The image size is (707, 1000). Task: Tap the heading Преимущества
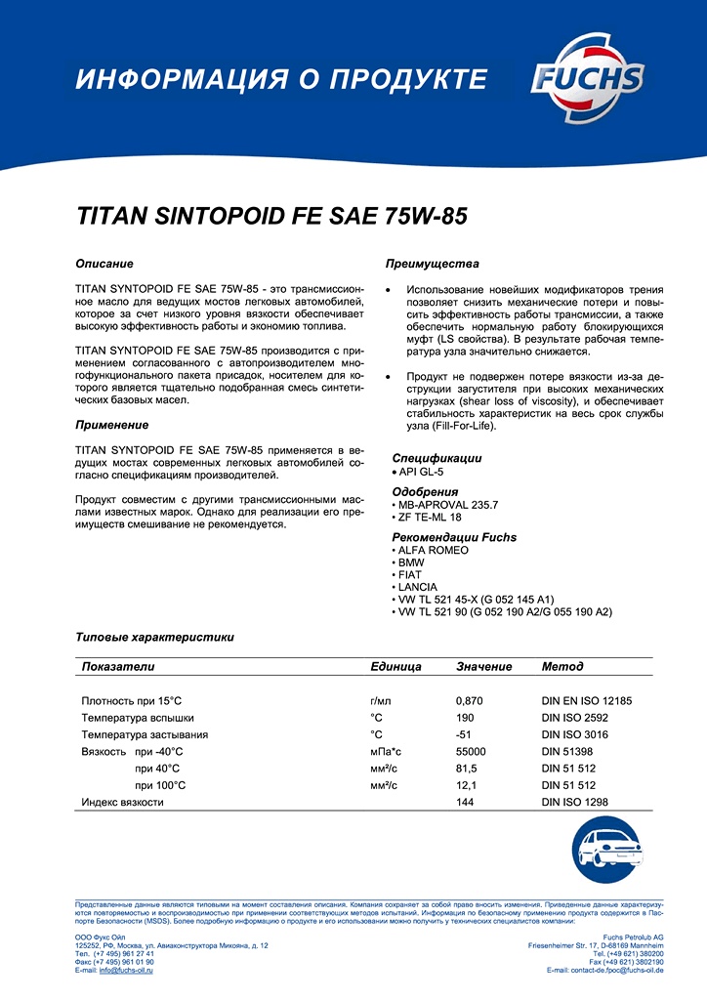[432, 265]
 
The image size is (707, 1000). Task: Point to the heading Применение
[112, 425]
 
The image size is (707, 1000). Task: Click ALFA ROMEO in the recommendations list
[433, 550]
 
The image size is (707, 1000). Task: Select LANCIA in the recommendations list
[419, 586]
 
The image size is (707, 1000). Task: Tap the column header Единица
[395, 666]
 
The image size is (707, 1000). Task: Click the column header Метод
[562, 666]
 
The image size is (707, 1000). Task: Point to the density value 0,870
[470, 700]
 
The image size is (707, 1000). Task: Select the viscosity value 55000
[472, 751]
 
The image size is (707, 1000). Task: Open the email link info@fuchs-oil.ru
[130, 970]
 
